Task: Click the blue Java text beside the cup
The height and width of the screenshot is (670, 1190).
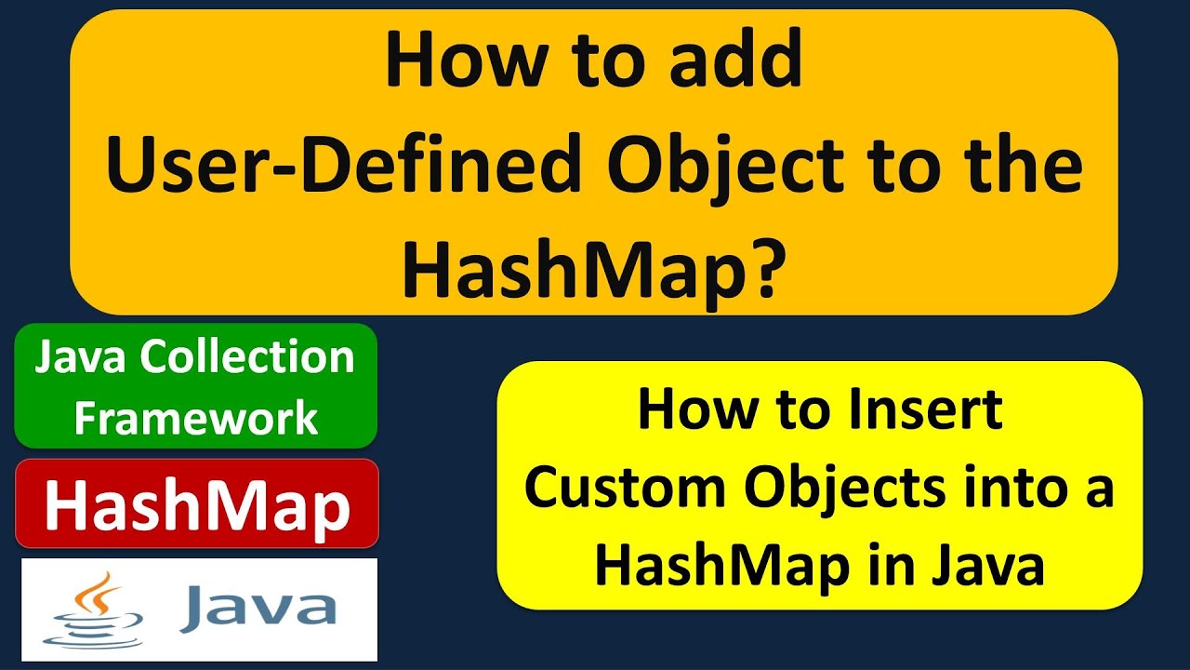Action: coord(258,607)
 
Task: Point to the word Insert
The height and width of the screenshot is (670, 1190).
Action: coord(932,410)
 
